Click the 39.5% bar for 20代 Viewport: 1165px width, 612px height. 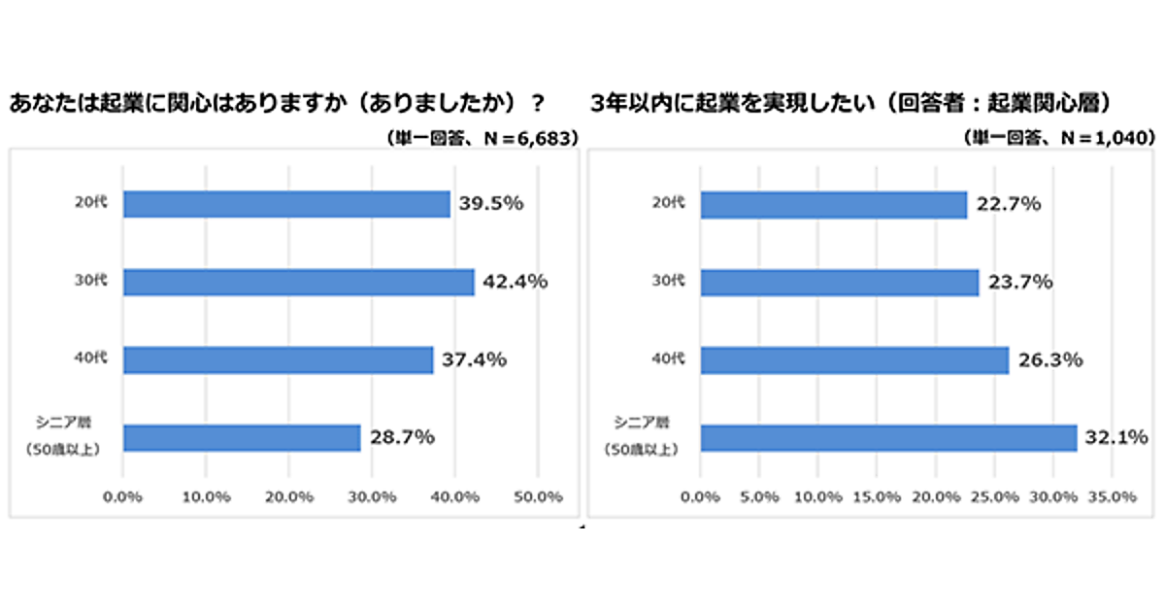click(286, 204)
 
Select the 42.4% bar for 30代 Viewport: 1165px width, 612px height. click(298, 282)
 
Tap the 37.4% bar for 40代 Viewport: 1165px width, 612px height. click(278, 359)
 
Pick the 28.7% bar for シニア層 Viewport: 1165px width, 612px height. click(242, 437)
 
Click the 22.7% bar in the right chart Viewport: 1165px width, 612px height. click(833, 204)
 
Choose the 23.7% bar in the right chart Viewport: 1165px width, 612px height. click(839, 282)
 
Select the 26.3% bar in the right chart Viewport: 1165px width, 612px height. click(854, 359)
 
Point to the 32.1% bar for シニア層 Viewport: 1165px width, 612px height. click(888, 437)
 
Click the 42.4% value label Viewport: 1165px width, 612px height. click(515, 282)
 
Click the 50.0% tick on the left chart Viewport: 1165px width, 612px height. click(537, 496)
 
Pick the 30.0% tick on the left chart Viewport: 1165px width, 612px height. click(372, 496)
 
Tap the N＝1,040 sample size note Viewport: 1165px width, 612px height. click(1058, 138)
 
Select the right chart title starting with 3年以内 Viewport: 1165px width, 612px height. click(849, 102)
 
